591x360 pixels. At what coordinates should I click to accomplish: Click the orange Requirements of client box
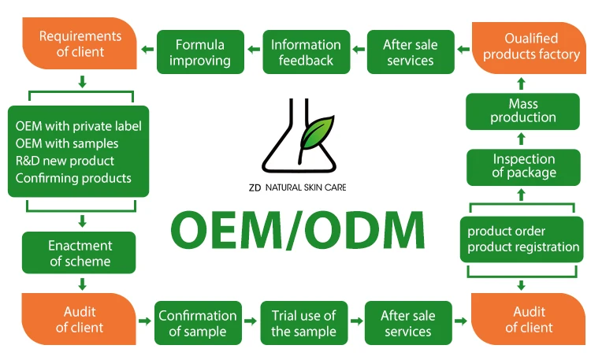pyautogui.click(x=80, y=44)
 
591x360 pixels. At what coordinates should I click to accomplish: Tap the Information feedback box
pyautogui.click(x=306, y=52)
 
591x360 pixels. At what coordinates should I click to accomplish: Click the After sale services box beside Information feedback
pyautogui.click(x=410, y=52)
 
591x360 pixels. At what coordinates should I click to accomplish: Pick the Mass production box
pyautogui.click(x=522, y=110)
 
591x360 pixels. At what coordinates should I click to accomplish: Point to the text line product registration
pyautogui.click(x=523, y=247)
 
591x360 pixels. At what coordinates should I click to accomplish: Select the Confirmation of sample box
pyautogui.click(x=198, y=323)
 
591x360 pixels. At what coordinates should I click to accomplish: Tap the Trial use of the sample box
pyautogui.click(x=303, y=323)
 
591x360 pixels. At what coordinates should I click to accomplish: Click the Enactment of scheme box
pyautogui.click(x=80, y=254)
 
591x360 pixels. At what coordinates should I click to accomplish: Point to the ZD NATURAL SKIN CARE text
pyautogui.click(x=295, y=187)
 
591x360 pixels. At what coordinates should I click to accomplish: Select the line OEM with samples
pyautogui.click(x=67, y=143)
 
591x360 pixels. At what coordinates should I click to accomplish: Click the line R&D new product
pyautogui.click(x=65, y=161)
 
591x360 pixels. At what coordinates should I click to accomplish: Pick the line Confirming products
pyautogui.click(x=73, y=178)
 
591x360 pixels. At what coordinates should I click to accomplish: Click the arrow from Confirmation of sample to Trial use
pyautogui.click(x=250, y=321)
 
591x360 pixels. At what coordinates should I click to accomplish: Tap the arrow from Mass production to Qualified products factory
pyautogui.click(x=521, y=82)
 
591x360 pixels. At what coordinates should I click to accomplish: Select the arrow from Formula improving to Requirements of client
pyautogui.click(x=147, y=51)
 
